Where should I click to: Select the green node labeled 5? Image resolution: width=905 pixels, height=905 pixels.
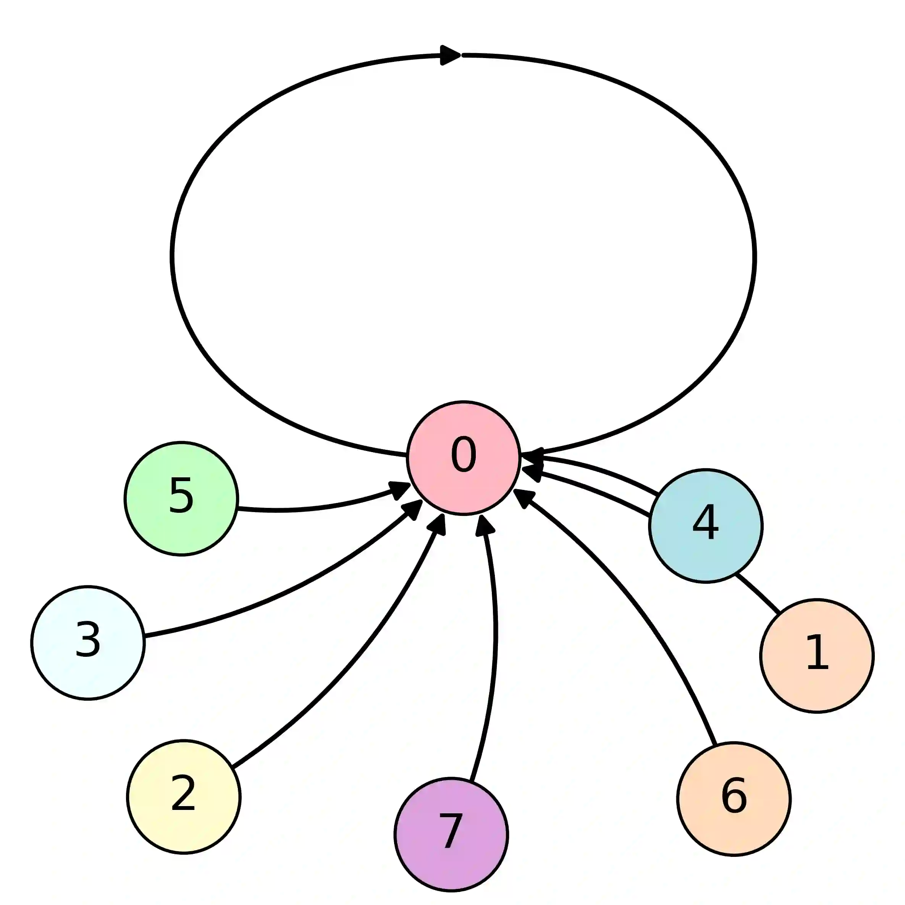coord(181,498)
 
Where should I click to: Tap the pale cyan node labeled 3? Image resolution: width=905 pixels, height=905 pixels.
coord(88,643)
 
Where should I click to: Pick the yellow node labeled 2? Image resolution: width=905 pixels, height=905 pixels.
coord(184,796)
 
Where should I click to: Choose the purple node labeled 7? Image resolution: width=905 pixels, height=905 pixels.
coord(451,834)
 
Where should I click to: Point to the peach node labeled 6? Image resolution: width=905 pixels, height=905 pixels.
coord(734,799)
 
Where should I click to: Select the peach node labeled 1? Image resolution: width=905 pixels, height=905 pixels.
coord(817,655)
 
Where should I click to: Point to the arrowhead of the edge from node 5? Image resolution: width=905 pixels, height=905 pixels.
coord(400,490)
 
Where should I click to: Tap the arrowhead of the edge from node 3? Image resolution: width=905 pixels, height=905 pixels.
coord(412,509)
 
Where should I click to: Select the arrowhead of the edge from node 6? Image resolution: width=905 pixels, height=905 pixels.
coord(524,498)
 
